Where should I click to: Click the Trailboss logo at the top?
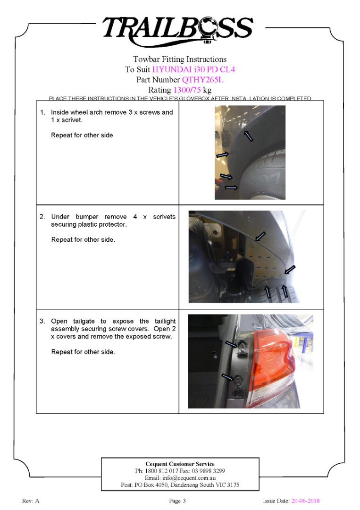[178, 29]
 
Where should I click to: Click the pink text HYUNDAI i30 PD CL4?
[193, 69]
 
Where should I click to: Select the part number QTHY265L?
[202, 80]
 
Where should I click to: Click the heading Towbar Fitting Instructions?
[180, 59]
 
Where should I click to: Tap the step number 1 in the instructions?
[42, 112]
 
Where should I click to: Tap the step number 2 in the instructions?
[42, 217]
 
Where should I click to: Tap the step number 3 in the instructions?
[42, 321]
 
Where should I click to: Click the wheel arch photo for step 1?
[250, 152]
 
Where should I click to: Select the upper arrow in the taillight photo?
[231, 344]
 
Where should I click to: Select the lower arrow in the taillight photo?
[228, 377]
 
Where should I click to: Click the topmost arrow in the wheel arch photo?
[249, 136]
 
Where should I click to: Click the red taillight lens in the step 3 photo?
[274, 359]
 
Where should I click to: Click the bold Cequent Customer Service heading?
[180, 464]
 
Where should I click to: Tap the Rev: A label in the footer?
[31, 501]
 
